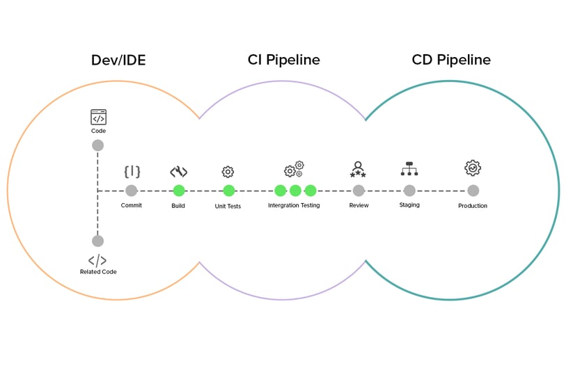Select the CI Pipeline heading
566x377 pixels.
pos(284,60)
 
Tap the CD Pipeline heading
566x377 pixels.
pos(451,60)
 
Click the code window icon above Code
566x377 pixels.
pos(98,117)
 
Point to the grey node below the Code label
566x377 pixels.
pos(97,145)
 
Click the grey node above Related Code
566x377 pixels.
pos(97,241)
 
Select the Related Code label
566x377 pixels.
pos(98,272)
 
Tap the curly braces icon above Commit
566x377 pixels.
pos(132,172)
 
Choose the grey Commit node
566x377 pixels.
pos(132,191)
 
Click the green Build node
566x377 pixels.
pos(179,191)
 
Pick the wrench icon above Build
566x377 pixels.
pos(179,172)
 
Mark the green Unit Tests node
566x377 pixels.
pos(229,191)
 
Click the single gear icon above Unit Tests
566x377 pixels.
pos(228,172)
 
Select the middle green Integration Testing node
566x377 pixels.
pos(295,191)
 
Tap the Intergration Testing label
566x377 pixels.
pos(294,206)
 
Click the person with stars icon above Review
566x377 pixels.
pos(359,169)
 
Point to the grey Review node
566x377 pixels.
pos(359,191)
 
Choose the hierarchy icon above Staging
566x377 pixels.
pos(409,169)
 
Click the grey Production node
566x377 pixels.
pos(473,191)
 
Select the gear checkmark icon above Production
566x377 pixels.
pos(473,168)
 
